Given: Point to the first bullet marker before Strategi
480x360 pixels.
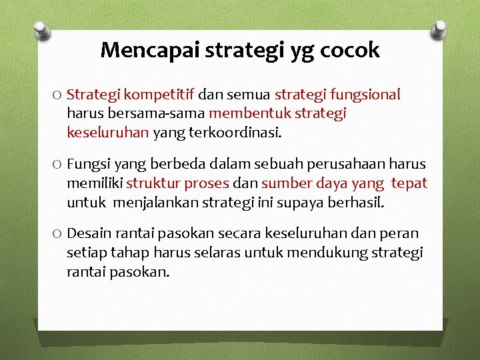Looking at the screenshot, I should click(x=57, y=95).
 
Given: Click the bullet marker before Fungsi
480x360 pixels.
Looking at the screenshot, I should click(x=57, y=164).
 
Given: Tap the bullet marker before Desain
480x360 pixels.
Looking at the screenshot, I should click(x=57, y=234).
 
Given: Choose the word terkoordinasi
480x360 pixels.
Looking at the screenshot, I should click(x=237, y=132).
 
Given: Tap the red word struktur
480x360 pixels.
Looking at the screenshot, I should click(x=150, y=183).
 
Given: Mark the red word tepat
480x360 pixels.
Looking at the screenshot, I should click(x=409, y=183).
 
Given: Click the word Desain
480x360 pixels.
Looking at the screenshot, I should click(x=87, y=233).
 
